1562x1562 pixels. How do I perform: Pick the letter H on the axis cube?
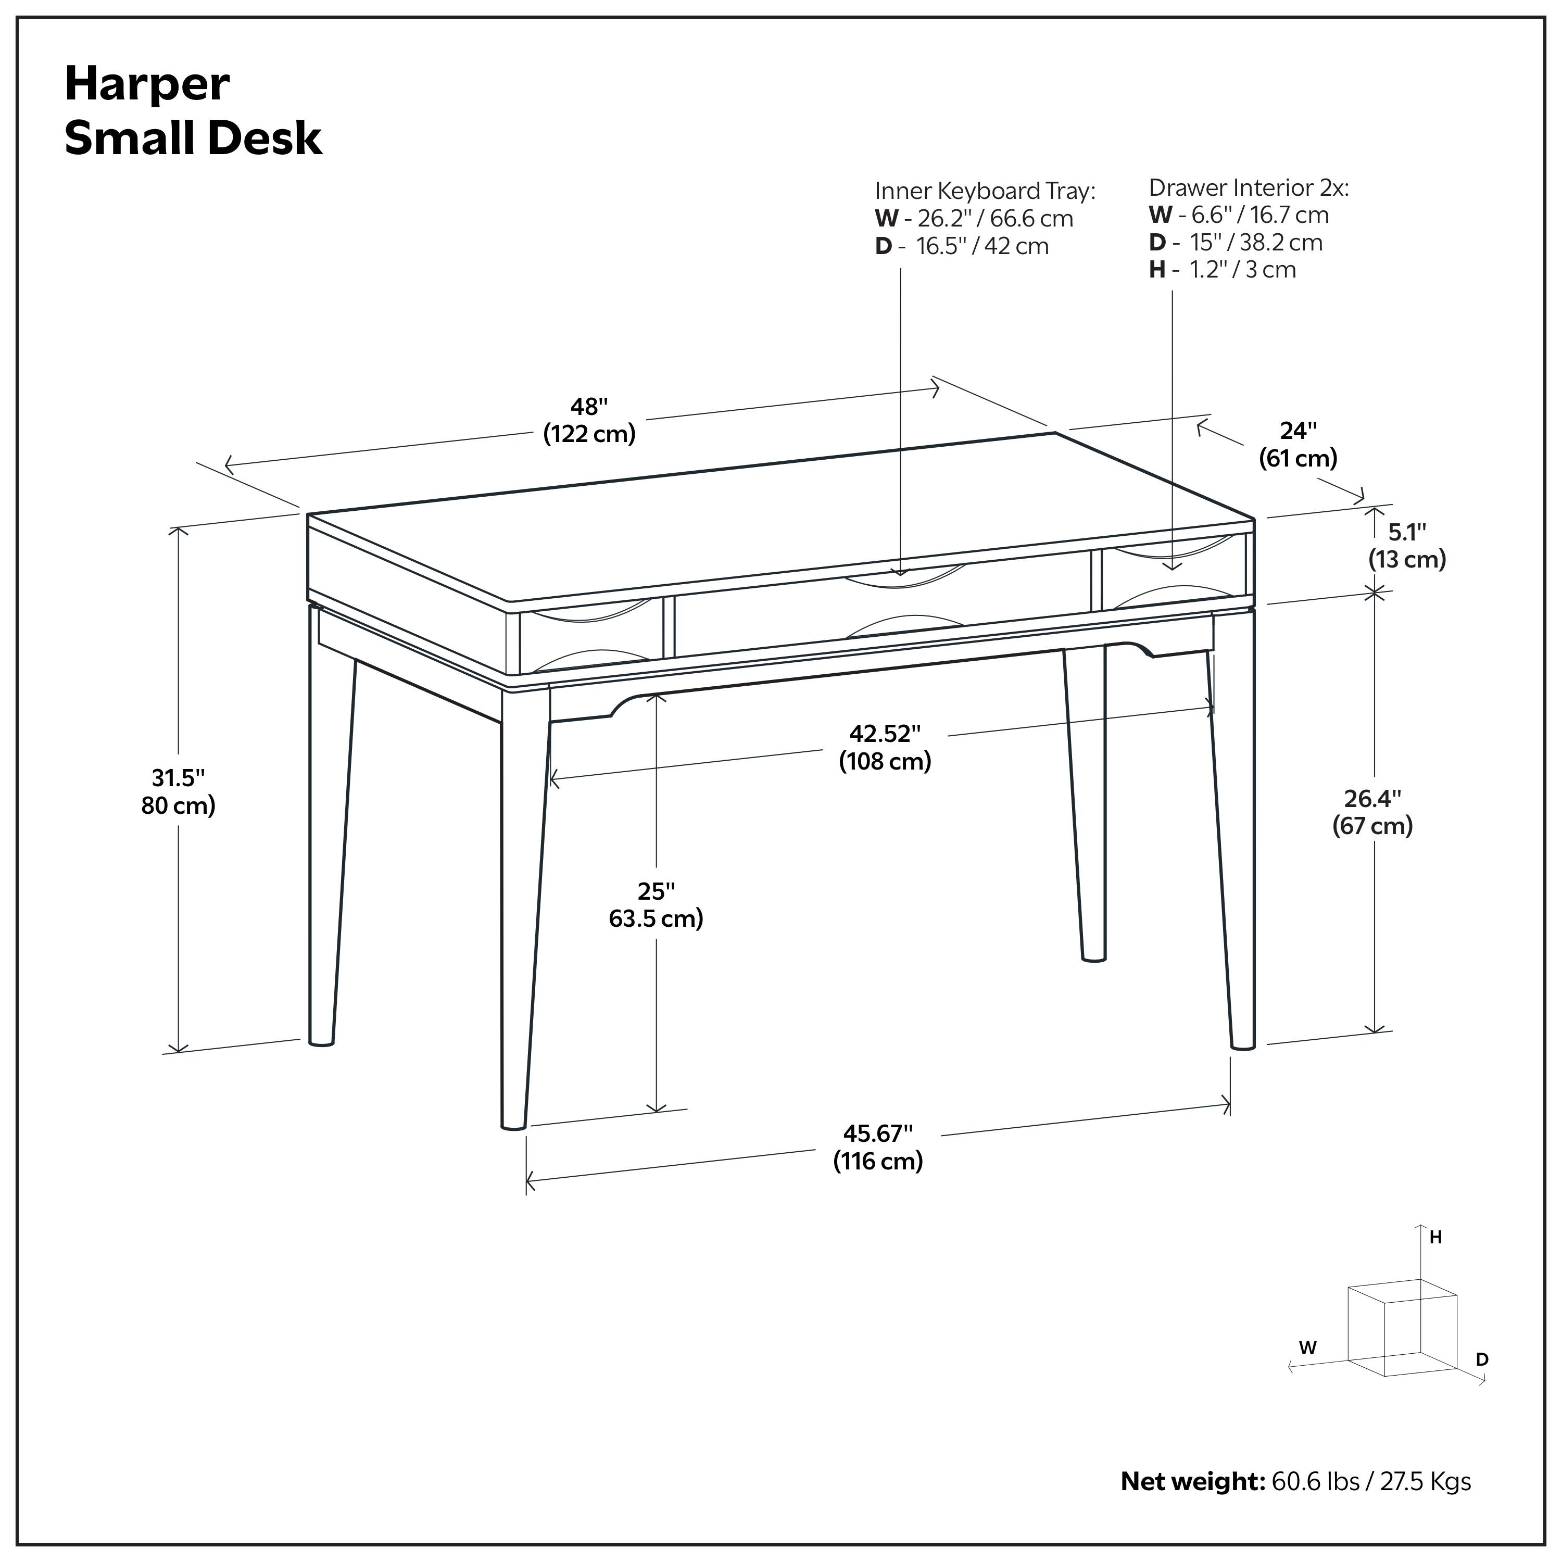1435,1238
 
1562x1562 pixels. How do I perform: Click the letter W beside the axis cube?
1307,1348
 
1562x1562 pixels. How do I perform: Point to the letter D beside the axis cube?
1482,1360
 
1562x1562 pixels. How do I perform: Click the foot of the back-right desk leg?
1093,958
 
